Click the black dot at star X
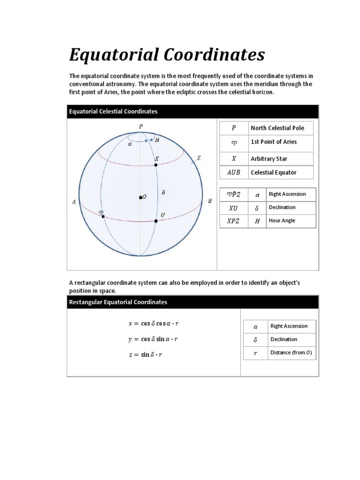click(x=156, y=165)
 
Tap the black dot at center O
click(x=140, y=197)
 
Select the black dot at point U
click(x=156, y=221)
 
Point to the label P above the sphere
click(x=140, y=126)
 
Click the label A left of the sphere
click(x=74, y=202)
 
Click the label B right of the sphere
click(x=210, y=201)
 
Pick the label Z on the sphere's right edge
click(x=199, y=158)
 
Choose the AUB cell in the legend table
click(x=233, y=172)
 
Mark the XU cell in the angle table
click(x=233, y=208)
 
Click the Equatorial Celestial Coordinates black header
click(x=193, y=112)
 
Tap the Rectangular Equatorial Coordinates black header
click(x=193, y=302)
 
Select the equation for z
click(x=146, y=355)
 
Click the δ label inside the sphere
click(x=163, y=192)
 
